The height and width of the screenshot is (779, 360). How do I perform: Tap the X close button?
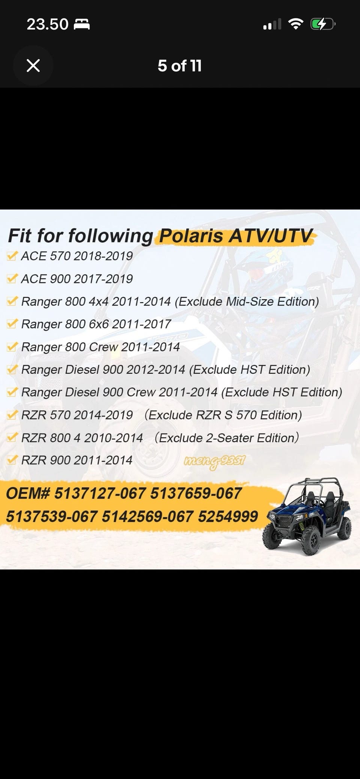click(x=33, y=66)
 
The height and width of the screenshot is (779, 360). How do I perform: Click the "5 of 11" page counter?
click(x=180, y=66)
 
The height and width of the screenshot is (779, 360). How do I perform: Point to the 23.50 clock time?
click(x=48, y=24)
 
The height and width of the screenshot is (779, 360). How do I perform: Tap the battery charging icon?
click(x=323, y=25)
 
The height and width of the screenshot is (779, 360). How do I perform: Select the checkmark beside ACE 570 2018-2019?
click(x=12, y=256)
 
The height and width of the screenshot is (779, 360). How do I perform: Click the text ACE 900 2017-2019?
click(x=77, y=279)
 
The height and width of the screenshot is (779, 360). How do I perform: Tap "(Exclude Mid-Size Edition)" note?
click(x=247, y=302)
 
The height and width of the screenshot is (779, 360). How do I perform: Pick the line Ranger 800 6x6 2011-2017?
click(x=96, y=324)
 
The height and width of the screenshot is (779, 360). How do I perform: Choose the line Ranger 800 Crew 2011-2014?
click(x=100, y=347)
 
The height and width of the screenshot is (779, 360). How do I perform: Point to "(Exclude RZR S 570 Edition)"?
click(x=223, y=415)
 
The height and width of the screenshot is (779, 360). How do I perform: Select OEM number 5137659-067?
click(x=196, y=493)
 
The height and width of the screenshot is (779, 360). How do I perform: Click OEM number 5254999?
click(x=228, y=517)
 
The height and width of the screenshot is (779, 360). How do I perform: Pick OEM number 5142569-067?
click(x=148, y=517)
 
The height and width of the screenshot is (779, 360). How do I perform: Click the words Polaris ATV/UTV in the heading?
click(x=235, y=236)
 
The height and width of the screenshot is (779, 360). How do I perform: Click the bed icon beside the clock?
click(x=81, y=25)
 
